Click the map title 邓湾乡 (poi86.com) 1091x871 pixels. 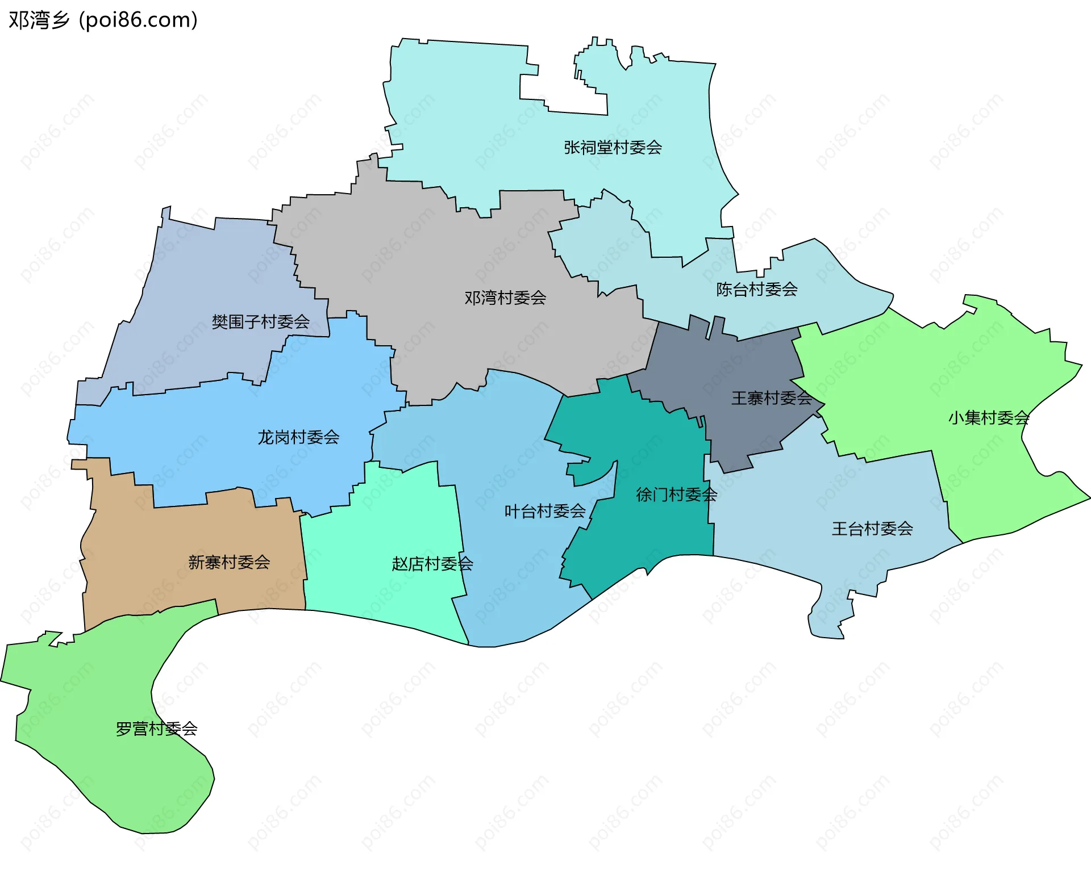tap(103, 20)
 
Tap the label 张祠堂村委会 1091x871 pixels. tap(613, 148)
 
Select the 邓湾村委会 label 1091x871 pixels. tap(505, 298)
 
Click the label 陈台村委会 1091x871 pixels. tap(756, 290)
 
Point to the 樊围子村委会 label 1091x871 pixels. tap(260, 322)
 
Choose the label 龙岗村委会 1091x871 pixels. tap(298, 437)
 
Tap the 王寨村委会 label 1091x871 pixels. tap(771, 398)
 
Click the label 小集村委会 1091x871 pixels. tap(988, 418)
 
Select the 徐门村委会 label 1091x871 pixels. tap(676, 495)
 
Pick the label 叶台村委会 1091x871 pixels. tap(544, 511)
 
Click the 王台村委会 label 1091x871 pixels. tap(872, 529)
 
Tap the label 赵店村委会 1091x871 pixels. tap(432, 564)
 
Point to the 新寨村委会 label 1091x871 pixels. tap(229, 562)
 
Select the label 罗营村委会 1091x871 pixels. tap(156, 728)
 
